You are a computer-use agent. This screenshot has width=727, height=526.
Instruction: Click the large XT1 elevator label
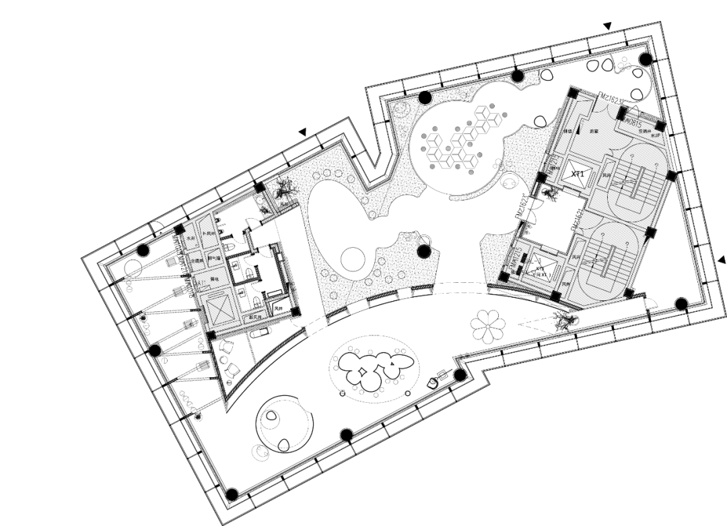click(577, 174)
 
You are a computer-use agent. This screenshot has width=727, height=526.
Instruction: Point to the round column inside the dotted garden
click(423, 252)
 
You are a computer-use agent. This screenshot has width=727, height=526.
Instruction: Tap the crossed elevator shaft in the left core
click(217, 309)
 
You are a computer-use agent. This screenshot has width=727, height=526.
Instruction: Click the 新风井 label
click(256, 317)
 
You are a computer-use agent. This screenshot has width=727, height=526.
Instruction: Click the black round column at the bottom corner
click(232, 495)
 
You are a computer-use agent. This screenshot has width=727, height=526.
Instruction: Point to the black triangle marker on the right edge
click(722, 259)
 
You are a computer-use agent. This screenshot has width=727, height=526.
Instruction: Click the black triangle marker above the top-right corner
click(607, 26)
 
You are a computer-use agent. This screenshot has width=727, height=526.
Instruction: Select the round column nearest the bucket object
click(460, 374)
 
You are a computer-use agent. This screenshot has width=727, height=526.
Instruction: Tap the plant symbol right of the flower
click(564, 320)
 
